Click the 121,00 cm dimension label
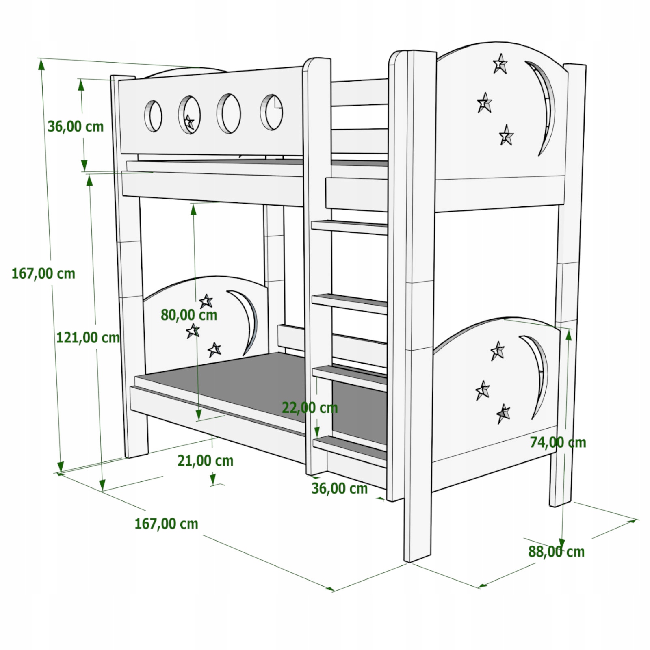pyautogui.click(x=88, y=338)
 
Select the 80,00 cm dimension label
pyautogui.click(x=189, y=315)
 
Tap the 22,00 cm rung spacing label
pyautogui.click(x=310, y=407)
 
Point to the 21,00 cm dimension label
pyautogui.click(x=206, y=461)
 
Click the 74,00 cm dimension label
pyautogui.click(x=558, y=442)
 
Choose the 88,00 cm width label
pyautogui.click(x=557, y=552)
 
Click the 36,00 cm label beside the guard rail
pyautogui.click(x=76, y=126)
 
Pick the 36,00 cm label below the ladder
pyautogui.click(x=340, y=488)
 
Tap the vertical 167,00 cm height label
pyautogui.click(x=43, y=273)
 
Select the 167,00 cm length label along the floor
pyautogui.click(x=167, y=524)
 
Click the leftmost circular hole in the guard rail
pyautogui.click(x=153, y=116)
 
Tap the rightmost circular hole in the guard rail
pyautogui.click(x=272, y=112)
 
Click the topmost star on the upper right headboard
pyautogui.click(x=500, y=64)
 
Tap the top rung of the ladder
pyautogui.click(x=349, y=227)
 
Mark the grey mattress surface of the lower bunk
pyautogui.click(x=260, y=390)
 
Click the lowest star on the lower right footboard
pyautogui.click(x=503, y=414)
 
